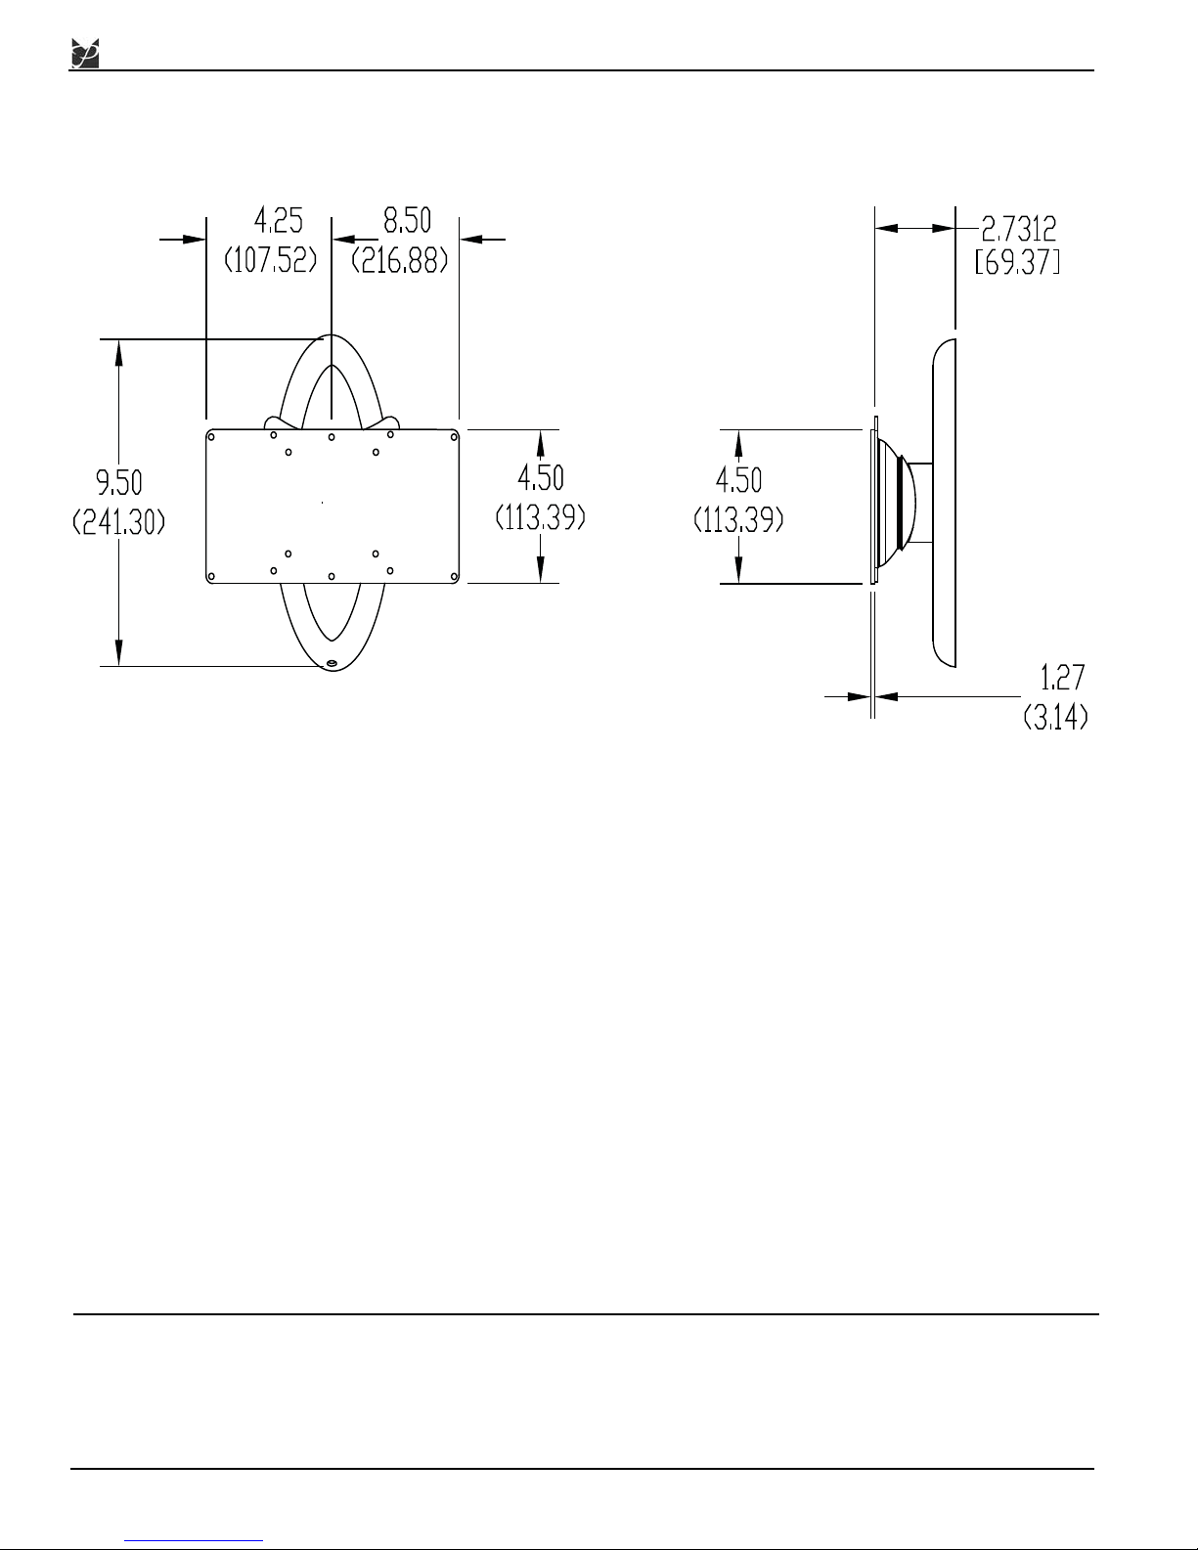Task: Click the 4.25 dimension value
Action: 278,220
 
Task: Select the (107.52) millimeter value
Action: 270,260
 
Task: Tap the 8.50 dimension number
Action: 407,220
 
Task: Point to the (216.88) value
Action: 399,260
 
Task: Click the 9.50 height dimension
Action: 119,483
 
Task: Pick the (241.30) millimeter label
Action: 119,522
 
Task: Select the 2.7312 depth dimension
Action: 1019,229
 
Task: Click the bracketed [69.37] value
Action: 1018,262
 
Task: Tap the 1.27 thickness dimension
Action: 1062,677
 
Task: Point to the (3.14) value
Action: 1056,716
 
